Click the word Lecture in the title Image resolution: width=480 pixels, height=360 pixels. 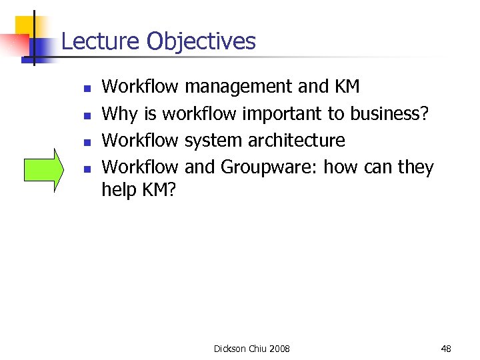[x=101, y=41]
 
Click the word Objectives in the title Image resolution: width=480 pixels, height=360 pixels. [x=201, y=41]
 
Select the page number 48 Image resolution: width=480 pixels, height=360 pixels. [x=446, y=349]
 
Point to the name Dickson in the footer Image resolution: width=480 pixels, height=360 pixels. [x=230, y=349]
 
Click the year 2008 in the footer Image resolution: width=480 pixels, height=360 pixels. [x=279, y=349]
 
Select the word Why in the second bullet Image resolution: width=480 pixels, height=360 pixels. [x=119, y=114]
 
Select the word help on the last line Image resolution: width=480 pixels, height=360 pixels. [x=118, y=190]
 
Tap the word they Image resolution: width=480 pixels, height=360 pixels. [x=415, y=167]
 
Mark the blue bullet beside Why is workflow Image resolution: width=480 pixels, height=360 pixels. [x=87, y=115]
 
